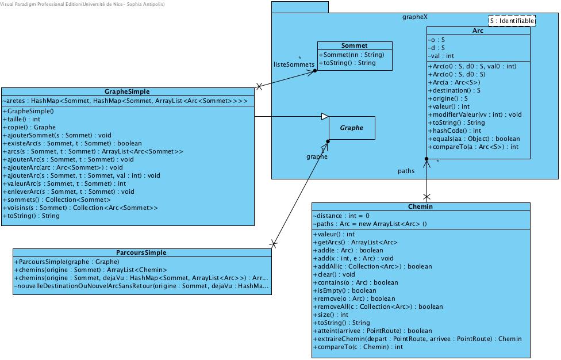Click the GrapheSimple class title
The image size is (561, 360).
127,91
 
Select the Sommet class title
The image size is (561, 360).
354,46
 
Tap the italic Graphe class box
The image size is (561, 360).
352,128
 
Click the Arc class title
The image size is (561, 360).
478,31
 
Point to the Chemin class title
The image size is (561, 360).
421,207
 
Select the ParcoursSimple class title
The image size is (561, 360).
141,252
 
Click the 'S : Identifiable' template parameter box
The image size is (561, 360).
512,21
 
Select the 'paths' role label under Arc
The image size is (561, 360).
406,171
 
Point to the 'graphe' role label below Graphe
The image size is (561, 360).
316,156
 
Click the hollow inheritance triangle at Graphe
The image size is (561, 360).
325,117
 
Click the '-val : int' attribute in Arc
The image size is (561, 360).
441,56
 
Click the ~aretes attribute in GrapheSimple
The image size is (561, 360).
125,101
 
